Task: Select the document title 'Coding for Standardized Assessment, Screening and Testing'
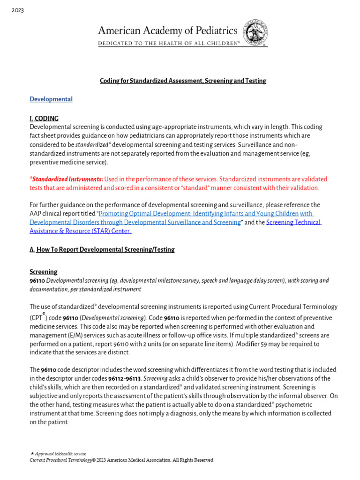click(183, 81)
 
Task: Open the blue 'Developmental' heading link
click(51, 99)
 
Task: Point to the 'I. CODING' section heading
click(44, 118)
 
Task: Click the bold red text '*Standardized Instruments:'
click(66, 179)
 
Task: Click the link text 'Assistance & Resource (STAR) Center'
click(80, 231)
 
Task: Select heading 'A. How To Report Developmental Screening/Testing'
click(102, 249)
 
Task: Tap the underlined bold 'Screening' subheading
click(44, 271)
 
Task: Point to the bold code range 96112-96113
click(124, 379)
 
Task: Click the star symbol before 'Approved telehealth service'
click(32, 454)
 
